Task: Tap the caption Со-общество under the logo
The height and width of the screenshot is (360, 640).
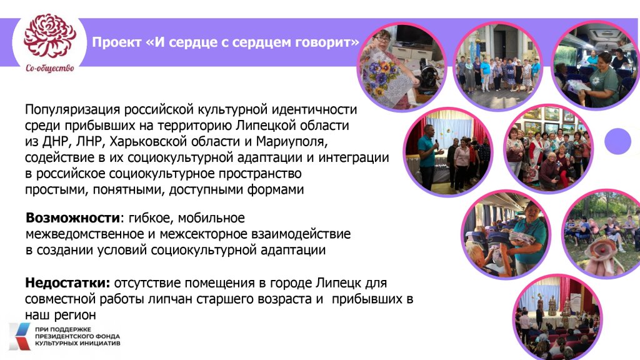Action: click(50, 68)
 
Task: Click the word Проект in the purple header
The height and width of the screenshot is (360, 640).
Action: click(117, 42)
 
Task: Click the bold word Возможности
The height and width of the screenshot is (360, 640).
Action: click(73, 217)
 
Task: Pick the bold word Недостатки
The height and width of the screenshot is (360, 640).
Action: click(67, 283)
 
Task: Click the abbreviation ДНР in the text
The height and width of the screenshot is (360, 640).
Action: click(55, 142)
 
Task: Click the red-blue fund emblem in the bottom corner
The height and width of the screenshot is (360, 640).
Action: click(19, 336)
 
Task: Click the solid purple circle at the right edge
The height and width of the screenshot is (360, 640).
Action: click(618, 141)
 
